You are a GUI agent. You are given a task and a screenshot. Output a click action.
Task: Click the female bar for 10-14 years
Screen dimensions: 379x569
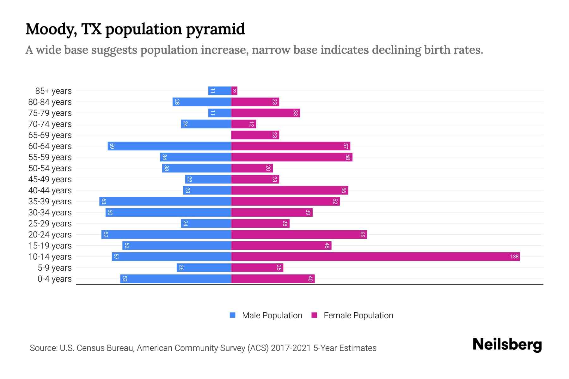click(x=375, y=256)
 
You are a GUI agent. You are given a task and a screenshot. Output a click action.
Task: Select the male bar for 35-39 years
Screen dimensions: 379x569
click(x=165, y=201)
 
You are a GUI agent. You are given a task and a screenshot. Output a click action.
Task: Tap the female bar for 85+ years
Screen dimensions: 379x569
click(x=234, y=91)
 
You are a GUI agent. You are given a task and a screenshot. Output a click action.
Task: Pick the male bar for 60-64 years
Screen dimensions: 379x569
click(x=169, y=146)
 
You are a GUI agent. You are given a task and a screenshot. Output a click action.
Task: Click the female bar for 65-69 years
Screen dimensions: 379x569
click(x=255, y=135)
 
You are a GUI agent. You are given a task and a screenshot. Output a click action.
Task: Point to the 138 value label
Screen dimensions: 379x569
click(x=514, y=256)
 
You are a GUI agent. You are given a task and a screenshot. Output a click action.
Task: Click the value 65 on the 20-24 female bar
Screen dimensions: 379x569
click(x=362, y=234)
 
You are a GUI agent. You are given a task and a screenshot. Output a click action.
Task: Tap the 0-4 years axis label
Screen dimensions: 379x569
click(x=54, y=279)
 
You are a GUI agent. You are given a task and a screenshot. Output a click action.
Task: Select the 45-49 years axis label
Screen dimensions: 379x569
click(x=50, y=179)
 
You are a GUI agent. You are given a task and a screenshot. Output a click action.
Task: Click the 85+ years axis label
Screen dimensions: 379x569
click(x=53, y=91)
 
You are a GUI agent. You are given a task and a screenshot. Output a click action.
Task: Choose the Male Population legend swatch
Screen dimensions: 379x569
click(x=233, y=315)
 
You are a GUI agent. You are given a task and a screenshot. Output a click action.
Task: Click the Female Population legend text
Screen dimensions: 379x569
click(x=358, y=316)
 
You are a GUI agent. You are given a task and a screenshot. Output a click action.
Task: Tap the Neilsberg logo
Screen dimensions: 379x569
click(x=507, y=345)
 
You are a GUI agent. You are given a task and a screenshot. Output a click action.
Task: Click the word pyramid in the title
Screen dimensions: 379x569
click(x=215, y=29)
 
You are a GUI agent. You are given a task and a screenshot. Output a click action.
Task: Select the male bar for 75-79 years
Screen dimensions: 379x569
click(x=219, y=113)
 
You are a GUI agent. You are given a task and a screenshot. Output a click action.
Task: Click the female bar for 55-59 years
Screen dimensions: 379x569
click(x=291, y=157)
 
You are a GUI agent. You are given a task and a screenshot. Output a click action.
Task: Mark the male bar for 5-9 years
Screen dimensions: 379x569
click(x=204, y=268)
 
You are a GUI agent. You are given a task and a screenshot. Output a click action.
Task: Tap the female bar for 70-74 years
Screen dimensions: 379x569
click(x=243, y=124)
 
